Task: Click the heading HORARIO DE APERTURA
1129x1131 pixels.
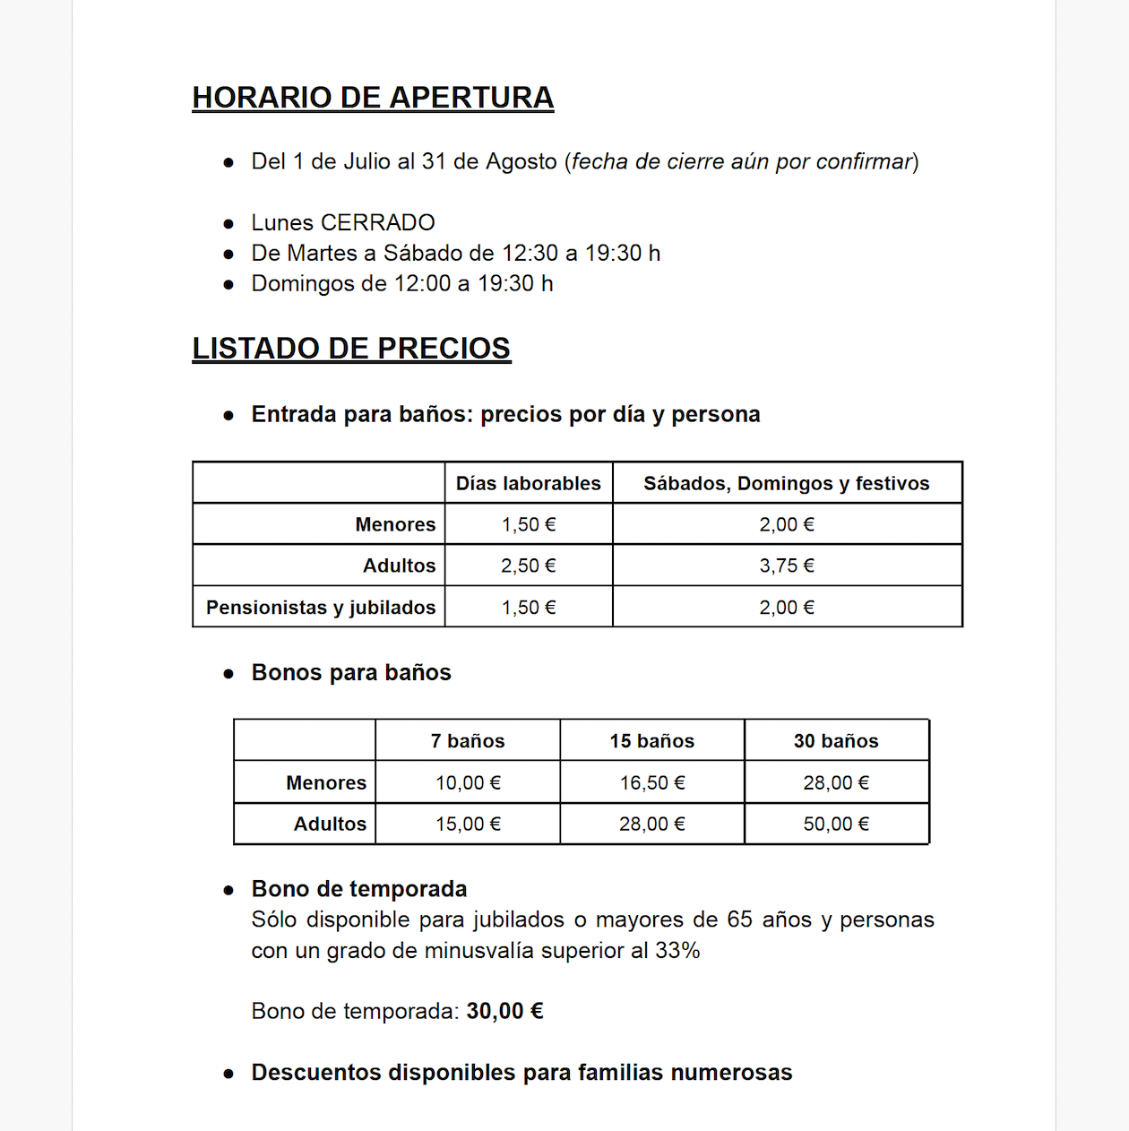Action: tap(373, 98)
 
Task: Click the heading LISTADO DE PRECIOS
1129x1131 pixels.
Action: tap(351, 349)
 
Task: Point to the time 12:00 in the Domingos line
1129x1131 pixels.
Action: tap(422, 283)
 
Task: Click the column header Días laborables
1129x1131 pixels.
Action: tap(528, 483)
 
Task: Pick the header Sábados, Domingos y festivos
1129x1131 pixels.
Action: tap(786, 483)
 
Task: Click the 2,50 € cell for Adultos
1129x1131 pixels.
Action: tap(528, 565)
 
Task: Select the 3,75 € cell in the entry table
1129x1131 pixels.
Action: tap(786, 565)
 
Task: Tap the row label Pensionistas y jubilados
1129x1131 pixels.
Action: tap(320, 607)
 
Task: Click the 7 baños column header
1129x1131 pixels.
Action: tap(467, 741)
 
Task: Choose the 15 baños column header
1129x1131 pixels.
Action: tap(651, 741)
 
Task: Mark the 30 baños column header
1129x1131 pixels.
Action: tap(835, 741)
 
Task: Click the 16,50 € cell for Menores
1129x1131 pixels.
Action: tap(651, 782)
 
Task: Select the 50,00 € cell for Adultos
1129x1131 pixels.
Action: tap(835, 824)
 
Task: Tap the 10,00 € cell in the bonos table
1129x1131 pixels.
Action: tap(467, 782)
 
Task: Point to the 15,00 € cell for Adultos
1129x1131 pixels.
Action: tap(467, 824)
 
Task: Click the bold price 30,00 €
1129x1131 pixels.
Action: tap(504, 1011)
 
